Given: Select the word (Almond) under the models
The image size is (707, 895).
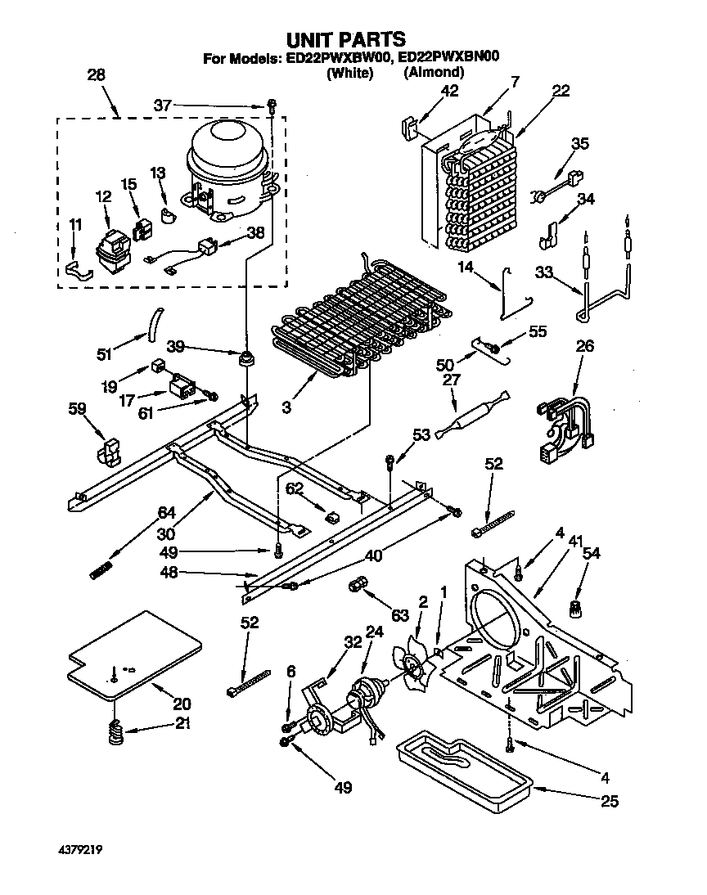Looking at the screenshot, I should click(x=434, y=73).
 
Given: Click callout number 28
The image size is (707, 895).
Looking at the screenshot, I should click(x=96, y=75).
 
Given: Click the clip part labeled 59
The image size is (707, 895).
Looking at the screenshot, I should click(x=106, y=452).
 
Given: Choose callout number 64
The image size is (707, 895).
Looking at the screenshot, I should click(x=167, y=513).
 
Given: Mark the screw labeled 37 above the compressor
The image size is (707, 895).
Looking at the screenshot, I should click(x=271, y=106).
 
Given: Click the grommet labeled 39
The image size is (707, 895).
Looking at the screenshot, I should click(x=245, y=358).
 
